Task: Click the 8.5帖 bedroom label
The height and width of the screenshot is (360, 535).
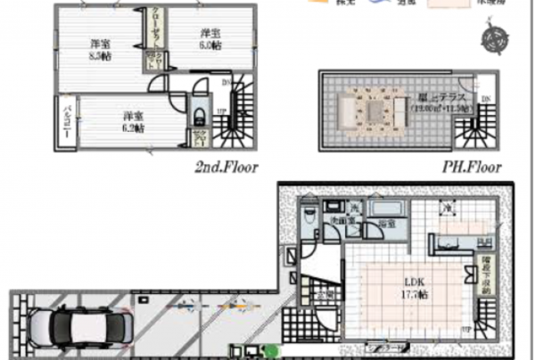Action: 99,49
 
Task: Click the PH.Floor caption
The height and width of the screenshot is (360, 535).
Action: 472,166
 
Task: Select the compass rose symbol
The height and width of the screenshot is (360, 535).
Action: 493,38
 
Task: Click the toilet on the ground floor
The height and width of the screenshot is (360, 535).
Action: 306,215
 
